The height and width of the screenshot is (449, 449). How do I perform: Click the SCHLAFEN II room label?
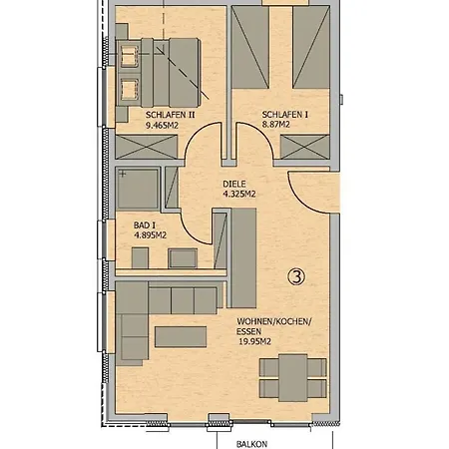[x=170, y=115]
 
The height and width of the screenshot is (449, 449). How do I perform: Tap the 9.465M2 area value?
[x=162, y=126]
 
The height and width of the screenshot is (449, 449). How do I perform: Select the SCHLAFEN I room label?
[x=284, y=115]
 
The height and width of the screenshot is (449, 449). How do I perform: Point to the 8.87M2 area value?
[x=275, y=125]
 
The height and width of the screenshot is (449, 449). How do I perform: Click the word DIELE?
[x=234, y=184]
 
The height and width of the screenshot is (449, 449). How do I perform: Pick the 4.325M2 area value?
[x=239, y=194]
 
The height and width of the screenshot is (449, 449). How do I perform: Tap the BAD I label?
[x=145, y=225]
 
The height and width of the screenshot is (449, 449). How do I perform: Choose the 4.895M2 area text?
[x=150, y=235]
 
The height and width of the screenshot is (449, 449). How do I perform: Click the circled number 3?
[x=296, y=276]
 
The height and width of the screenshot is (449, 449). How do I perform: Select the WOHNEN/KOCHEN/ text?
[x=274, y=321]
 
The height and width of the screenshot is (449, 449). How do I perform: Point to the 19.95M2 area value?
[x=254, y=341]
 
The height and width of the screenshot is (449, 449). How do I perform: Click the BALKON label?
[x=251, y=444]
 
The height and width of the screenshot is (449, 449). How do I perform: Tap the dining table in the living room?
[x=293, y=378]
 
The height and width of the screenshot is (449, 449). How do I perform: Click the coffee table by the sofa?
[x=181, y=337]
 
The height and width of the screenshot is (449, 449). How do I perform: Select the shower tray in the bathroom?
[x=138, y=190]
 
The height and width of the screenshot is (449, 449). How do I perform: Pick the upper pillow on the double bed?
[x=129, y=56]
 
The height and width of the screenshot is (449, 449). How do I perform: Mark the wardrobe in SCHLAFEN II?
[x=147, y=147]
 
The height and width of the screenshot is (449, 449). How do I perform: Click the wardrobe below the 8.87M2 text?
[x=304, y=147]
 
